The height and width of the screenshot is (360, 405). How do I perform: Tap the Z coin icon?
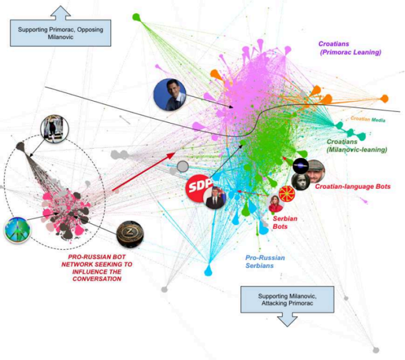(129, 233)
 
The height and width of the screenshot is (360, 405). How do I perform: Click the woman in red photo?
(276, 203)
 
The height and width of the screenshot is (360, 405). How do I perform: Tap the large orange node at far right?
(385, 98)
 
